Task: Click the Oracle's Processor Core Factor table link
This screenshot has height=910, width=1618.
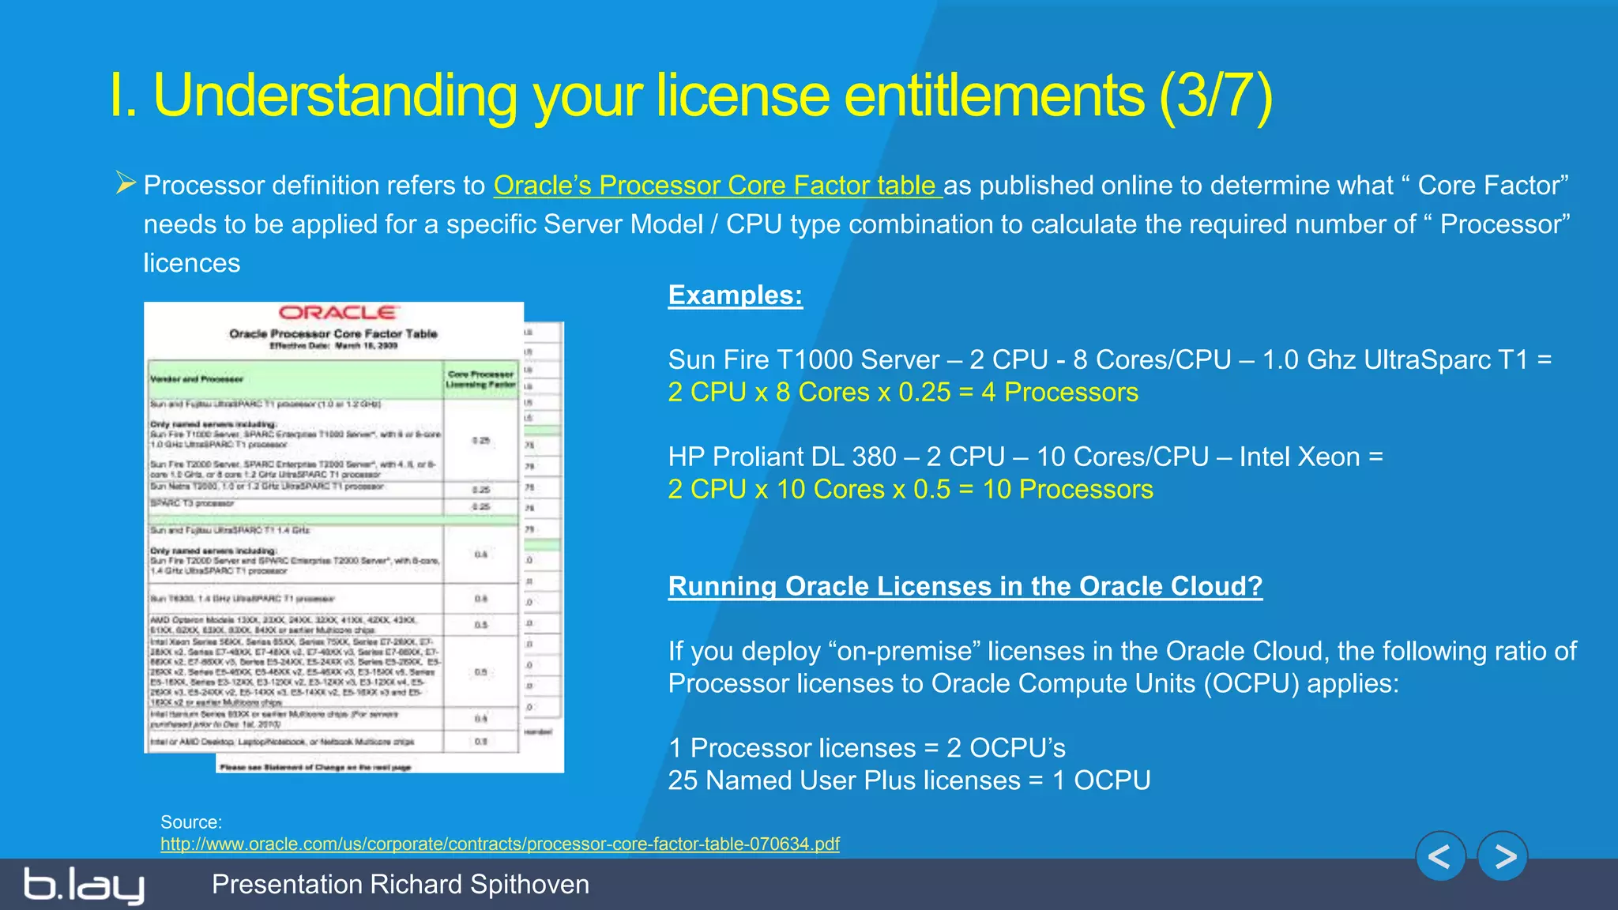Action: pyautogui.click(x=717, y=186)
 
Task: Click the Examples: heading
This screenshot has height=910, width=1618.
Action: pyautogui.click(x=735, y=295)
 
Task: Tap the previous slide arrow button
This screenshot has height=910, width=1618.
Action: pyautogui.click(x=1440, y=856)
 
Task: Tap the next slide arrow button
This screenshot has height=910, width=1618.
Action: pyautogui.click(x=1503, y=856)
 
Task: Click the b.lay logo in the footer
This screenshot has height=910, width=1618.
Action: pyautogui.click(x=84, y=885)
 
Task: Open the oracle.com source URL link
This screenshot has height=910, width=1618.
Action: pyautogui.click(x=499, y=844)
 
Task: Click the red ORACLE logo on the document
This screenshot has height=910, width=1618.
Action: pyautogui.click(x=338, y=313)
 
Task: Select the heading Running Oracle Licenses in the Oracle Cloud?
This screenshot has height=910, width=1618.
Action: pyautogui.click(x=965, y=586)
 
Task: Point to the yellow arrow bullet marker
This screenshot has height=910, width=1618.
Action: pyautogui.click(x=126, y=183)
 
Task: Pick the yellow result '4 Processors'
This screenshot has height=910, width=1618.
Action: pyautogui.click(x=1059, y=393)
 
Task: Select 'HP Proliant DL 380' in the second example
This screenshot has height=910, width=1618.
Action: pyautogui.click(x=782, y=457)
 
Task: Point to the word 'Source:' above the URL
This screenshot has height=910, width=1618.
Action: pyautogui.click(x=191, y=822)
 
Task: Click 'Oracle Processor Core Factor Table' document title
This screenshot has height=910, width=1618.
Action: pyautogui.click(x=333, y=334)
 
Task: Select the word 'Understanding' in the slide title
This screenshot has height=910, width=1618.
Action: pyautogui.click(x=335, y=96)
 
